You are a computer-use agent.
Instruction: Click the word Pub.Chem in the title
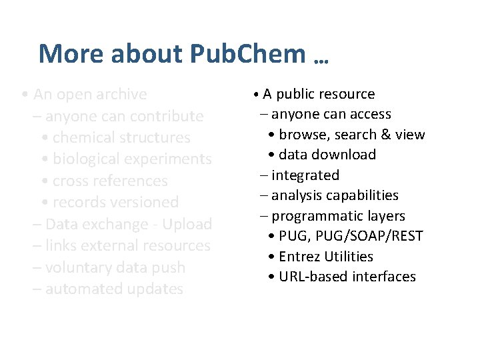pos(248,54)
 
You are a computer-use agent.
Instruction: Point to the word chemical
pos(83,137)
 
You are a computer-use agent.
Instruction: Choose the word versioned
pos(147,202)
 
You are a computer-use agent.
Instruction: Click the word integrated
pos(305,175)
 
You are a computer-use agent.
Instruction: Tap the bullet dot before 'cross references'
pos(44,181)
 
